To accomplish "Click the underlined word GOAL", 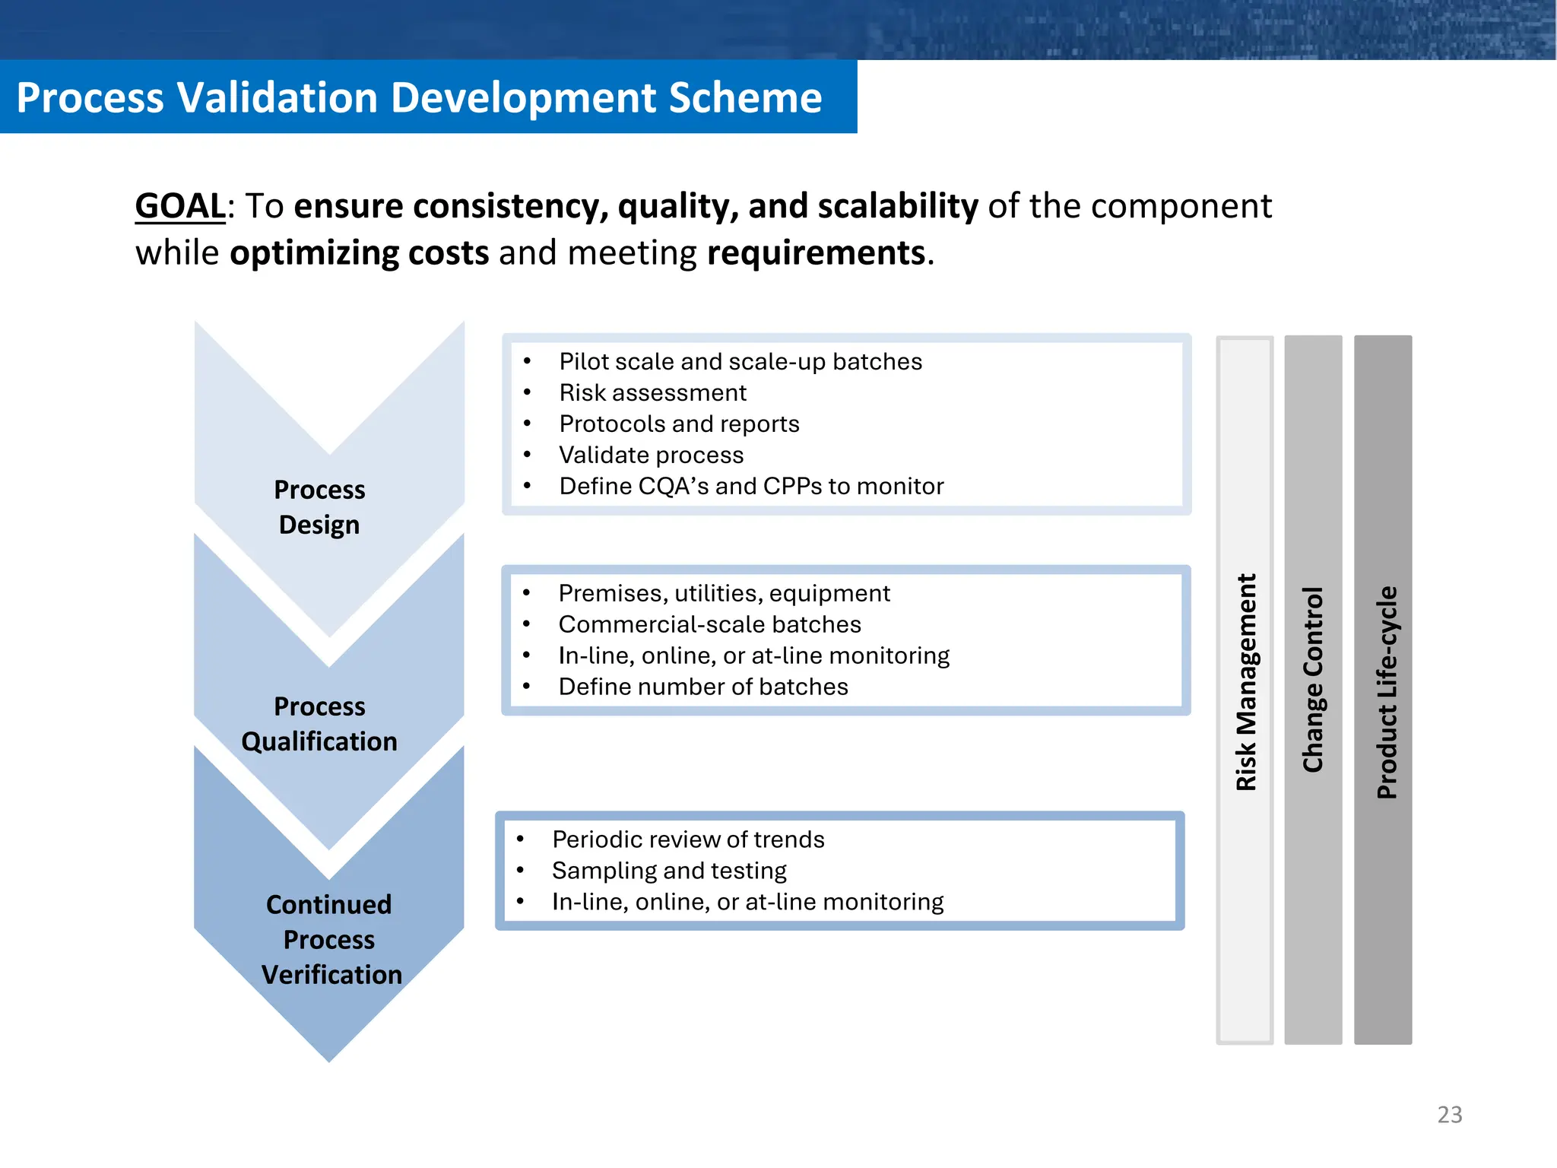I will pos(180,206).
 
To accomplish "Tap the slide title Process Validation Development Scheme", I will pos(419,97).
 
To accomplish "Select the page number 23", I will pos(1449,1114).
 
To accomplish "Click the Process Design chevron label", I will pos(319,507).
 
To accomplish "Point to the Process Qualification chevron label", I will pos(319,724).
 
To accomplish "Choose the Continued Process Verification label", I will pos(330,939).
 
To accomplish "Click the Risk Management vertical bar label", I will pos(1245,682).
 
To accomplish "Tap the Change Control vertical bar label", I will pos(1313,679).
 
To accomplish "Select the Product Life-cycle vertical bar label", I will pos(1387,692).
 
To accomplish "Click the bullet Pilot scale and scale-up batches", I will pos(740,361).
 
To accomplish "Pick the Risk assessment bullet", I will pos(652,392).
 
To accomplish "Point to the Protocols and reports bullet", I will pos(679,424).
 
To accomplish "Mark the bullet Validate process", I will pos(651,455).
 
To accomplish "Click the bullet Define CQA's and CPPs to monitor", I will pos(750,486).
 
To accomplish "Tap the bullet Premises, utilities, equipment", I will pos(724,593).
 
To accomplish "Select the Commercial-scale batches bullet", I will pos(709,624).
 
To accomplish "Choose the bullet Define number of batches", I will pos(702,687).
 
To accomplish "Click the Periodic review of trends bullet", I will pos(688,839).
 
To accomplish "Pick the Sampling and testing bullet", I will pos(669,870).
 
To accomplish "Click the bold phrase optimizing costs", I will pos(359,252).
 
